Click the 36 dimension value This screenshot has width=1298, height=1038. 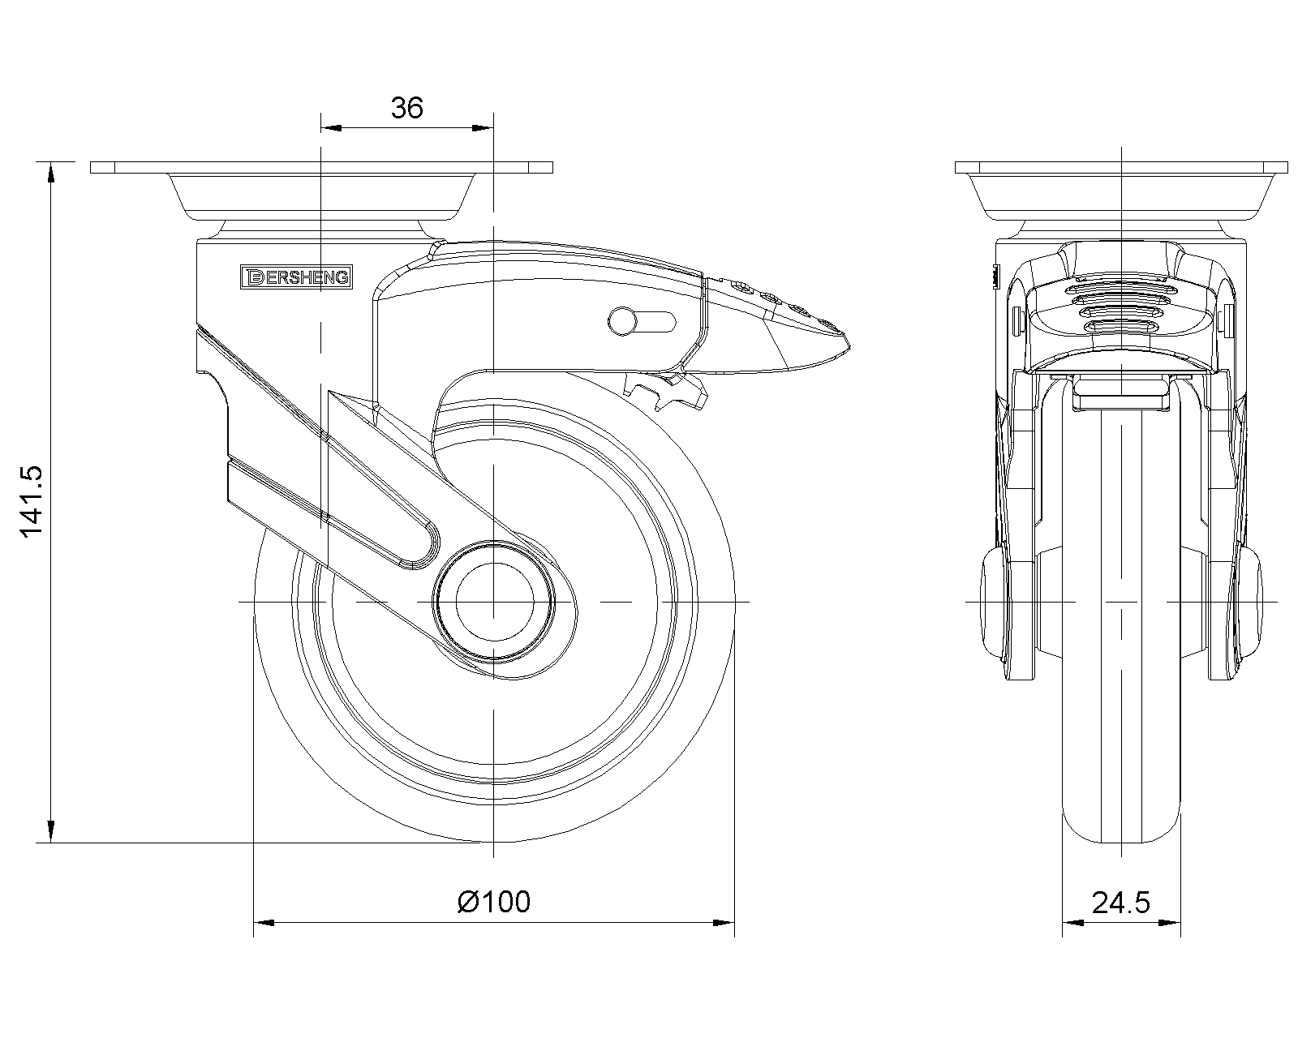coord(407,108)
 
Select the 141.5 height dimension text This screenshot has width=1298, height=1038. coord(32,500)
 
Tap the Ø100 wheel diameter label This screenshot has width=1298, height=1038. coord(494,902)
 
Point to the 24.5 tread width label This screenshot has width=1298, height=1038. coord(1120,903)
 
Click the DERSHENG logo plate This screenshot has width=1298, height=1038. coord(296,277)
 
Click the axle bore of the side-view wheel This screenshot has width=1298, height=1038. coord(495,601)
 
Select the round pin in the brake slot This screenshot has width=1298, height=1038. coord(622,321)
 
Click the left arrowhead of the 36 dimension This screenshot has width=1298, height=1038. coord(331,128)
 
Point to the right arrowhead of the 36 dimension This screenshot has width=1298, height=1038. coord(483,128)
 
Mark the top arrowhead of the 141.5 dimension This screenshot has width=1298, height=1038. coord(51,173)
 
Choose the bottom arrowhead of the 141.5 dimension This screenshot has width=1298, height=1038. coord(51,832)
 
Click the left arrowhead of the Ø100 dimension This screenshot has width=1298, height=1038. coord(264,923)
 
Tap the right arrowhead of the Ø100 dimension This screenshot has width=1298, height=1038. coord(724,923)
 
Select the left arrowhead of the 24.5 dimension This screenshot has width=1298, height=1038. coord(1073,923)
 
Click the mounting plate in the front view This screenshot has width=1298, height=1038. coord(1121,168)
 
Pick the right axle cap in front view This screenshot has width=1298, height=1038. coord(1249,604)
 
